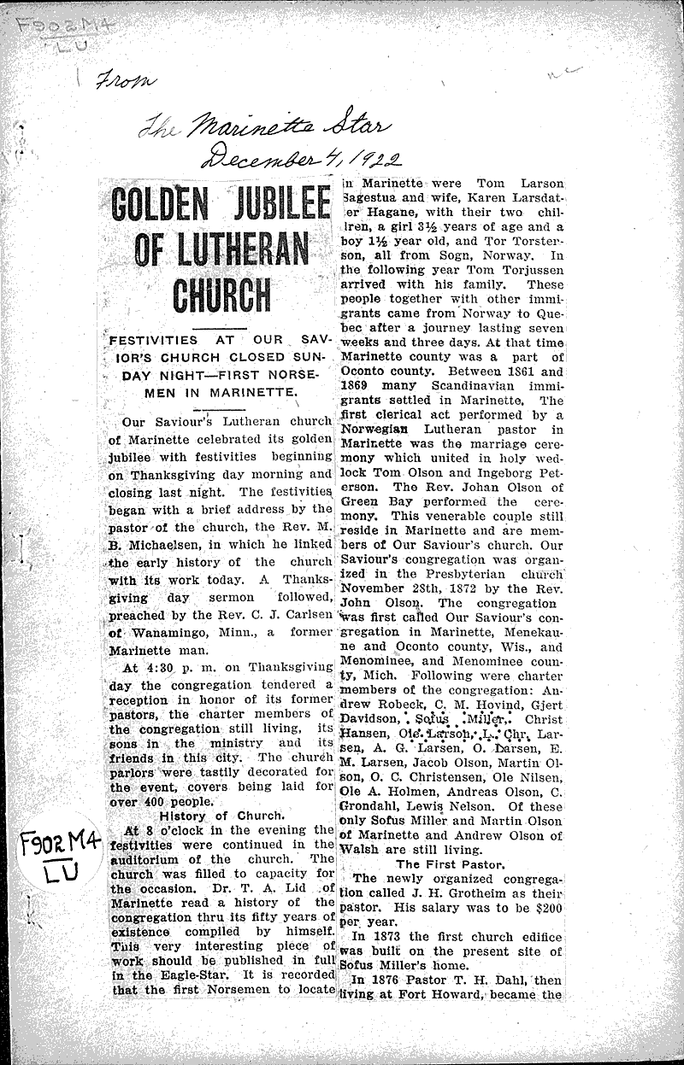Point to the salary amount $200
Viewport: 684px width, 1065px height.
(x=547, y=907)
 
